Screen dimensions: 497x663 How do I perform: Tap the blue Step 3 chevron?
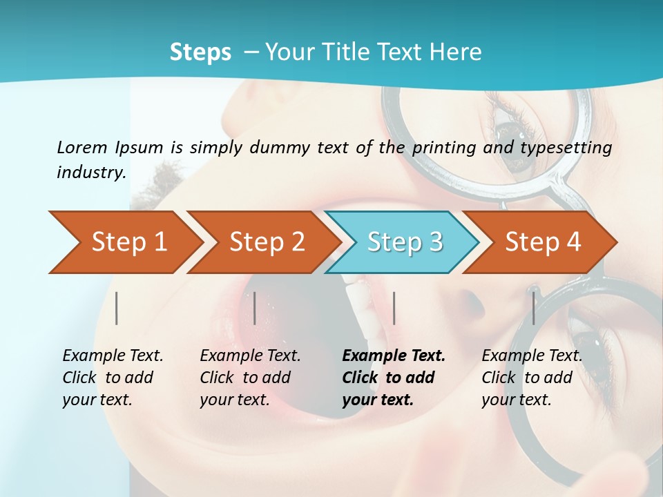(x=404, y=242)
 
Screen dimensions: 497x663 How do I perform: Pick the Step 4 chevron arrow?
(x=543, y=242)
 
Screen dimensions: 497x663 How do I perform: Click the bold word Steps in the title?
(x=200, y=52)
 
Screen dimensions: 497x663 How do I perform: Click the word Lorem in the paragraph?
(x=81, y=147)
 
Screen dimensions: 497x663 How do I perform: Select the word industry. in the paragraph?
(x=91, y=173)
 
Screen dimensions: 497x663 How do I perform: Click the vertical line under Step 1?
(x=117, y=308)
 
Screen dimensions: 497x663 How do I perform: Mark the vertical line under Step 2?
(x=255, y=308)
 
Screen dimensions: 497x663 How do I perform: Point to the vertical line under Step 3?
(x=394, y=308)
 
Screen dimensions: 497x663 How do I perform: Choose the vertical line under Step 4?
(x=533, y=308)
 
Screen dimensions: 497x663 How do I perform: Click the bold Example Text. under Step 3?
(x=394, y=355)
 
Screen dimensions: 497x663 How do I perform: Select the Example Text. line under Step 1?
(x=113, y=355)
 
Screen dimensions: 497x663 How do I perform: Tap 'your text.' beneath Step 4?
(x=517, y=400)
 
